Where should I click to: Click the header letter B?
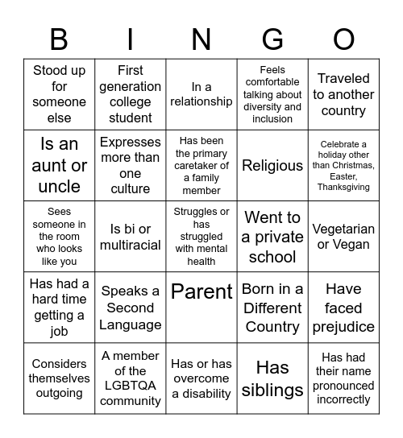(x=59, y=39)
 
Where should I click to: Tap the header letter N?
(x=201, y=39)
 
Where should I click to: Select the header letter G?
(x=272, y=39)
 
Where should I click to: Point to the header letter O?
(x=343, y=39)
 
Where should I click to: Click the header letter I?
(x=131, y=39)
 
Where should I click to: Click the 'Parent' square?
(x=201, y=291)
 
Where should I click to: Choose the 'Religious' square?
(x=272, y=166)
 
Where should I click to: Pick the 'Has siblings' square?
(x=272, y=378)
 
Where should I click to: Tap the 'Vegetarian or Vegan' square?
(x=343, y=237)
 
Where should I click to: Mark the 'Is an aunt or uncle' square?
(x=59, y=166)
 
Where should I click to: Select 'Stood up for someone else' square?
(x=59, y=94)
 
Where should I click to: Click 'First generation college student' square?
(x=131, y=94)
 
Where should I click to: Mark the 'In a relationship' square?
(x=201, y=94)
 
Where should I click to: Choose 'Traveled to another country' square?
(x=343, y=94)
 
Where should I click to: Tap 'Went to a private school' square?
(x=272, y=237)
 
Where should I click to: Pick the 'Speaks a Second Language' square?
(x=131, y=308)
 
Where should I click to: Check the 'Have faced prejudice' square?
(x=343, y=308)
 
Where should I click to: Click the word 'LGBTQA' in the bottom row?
(x=131, y=386)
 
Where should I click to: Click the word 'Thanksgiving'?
(x=343, y=187)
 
